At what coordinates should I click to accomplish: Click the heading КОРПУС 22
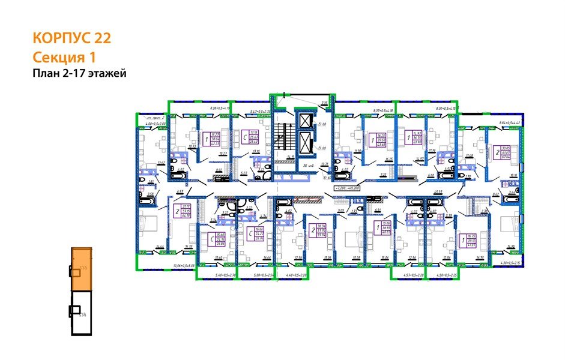point(71,38)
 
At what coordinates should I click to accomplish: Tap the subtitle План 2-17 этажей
point(79,74)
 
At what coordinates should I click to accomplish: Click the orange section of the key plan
point(81,269)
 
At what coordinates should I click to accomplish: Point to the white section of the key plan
point(82,313)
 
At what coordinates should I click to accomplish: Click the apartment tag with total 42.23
point(214,139)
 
